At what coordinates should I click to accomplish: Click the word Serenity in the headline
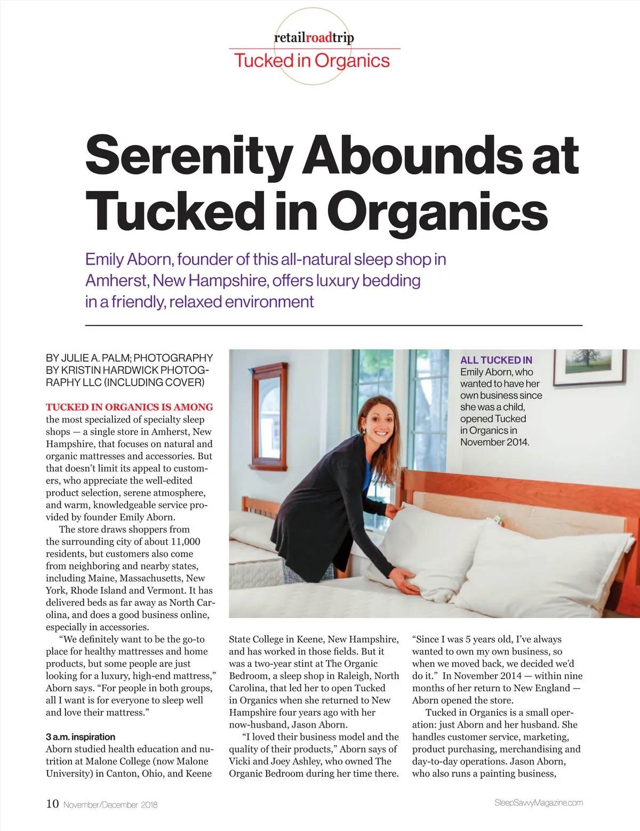pos(188,155)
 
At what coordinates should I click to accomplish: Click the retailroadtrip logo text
pos(314,37)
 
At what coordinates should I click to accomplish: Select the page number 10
pos(52,804)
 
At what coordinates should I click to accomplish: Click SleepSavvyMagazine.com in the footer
pos(538,803)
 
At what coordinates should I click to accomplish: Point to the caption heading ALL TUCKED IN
pos(496,360)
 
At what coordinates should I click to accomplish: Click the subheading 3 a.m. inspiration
pos(80,737)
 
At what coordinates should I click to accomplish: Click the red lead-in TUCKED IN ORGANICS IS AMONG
pos(129,407)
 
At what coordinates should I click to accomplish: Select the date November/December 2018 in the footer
pos(110,805)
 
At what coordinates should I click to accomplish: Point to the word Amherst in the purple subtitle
pos(116,281)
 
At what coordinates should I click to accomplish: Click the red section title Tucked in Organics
pos(312,61)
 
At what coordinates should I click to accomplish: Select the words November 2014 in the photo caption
pos(494,442)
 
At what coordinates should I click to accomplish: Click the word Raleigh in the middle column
pos(354,676)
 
